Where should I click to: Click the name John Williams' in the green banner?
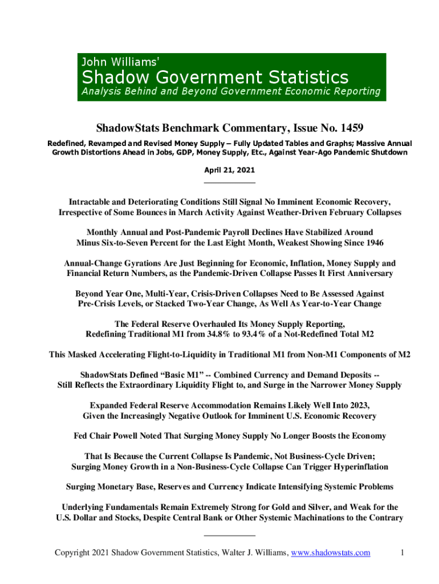coord(121,62)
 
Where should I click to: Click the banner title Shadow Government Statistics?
coord(216,77)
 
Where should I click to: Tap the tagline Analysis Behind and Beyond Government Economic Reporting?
coord(231,91)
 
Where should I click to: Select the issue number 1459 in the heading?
coord(330,127)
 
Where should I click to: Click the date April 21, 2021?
coord(229,170)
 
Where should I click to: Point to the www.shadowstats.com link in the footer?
coord(331,552)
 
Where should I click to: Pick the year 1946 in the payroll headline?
coord(372,242)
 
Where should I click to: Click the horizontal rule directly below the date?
coord(229,182)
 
